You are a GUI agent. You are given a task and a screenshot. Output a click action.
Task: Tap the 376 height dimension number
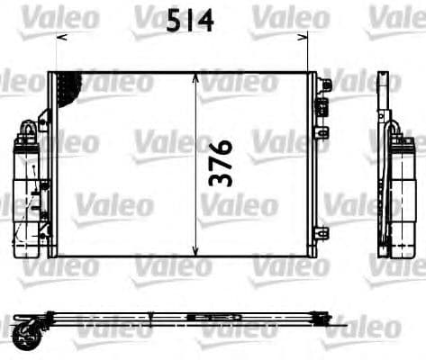221,163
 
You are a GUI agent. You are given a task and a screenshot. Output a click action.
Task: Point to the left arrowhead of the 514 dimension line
59,37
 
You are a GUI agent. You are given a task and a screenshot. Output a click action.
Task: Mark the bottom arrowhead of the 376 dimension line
197,251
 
